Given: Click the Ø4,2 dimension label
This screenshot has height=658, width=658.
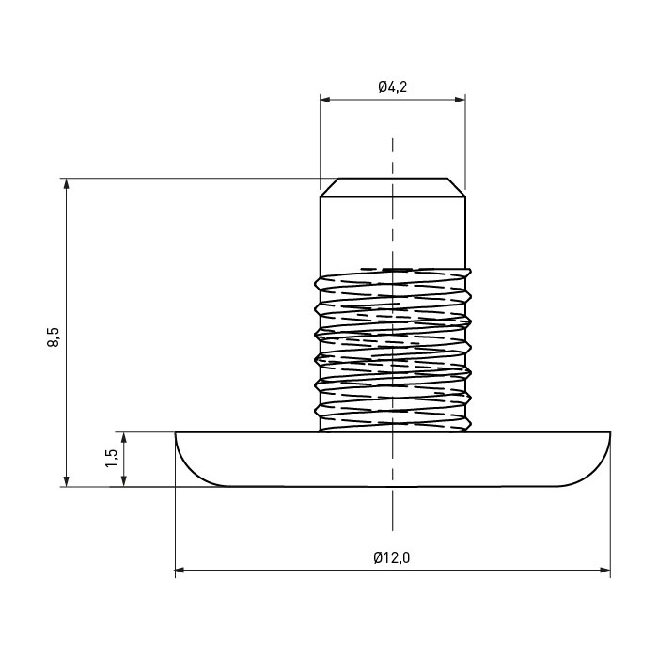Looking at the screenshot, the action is [x=392, y=87].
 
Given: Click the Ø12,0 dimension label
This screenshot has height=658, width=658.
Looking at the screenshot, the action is [x=392, y=557].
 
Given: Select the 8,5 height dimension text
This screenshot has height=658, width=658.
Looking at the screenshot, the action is [x=54, y=337].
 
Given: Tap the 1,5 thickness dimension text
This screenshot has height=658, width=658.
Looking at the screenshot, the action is [x=112, y=459].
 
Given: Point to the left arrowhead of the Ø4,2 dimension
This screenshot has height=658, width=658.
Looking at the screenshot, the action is [x=325, y=100].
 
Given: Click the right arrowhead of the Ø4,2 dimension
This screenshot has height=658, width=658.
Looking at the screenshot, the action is [x=460, y=100].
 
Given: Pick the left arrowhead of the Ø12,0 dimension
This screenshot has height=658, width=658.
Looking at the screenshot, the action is [x=180, y=570].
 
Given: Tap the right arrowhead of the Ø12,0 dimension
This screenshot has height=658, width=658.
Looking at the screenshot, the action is [x=605, y=570].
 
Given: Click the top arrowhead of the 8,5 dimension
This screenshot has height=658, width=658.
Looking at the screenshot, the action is [x=66, y=184].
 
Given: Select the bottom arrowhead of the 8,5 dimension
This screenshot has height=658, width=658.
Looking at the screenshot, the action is [x=66, y=481].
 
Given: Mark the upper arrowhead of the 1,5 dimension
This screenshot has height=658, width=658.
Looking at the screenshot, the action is [x=124, y=438].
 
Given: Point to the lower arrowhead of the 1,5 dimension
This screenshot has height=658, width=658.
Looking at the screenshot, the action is [x=124, y=481].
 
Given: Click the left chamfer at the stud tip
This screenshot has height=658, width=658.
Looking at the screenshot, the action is [x=329, y=187].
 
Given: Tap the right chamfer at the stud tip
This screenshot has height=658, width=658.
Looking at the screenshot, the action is [x=457, y=187].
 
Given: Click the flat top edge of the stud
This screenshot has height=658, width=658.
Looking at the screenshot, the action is [x=393, y=179].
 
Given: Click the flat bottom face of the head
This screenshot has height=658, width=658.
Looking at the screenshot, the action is [x=393, y=486].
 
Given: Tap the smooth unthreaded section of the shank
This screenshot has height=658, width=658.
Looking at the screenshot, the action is [x=393, y=231].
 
